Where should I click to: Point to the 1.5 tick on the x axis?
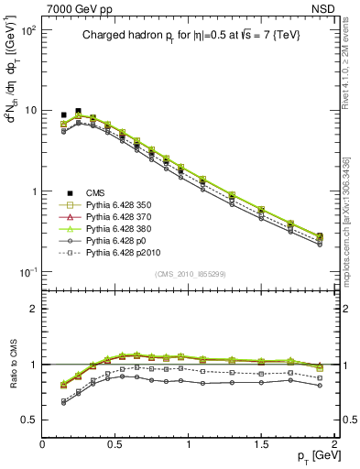coord(261,442)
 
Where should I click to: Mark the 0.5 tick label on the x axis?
coord(115,442)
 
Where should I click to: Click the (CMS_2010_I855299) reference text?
coord(188,274)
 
